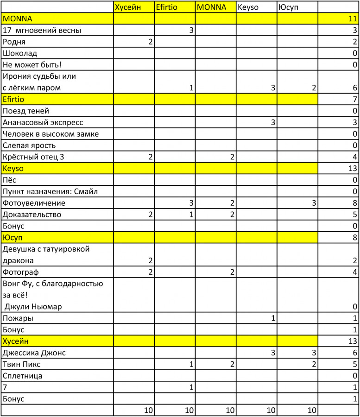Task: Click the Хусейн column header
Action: pyautogui.click(x=128, y=7)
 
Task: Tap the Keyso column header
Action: pyautogui.click(x=249, y=7)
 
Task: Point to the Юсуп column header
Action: pyautogui.click(x=288, y=7)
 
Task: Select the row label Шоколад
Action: pyautogui.click(x=20, y=53)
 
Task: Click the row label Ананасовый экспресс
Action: pyautogui.click(x=43, y=122)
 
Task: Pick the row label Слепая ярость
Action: pyautogui.click(x=29, y=145)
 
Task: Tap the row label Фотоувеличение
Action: pyautogui.click(x=34, y=203)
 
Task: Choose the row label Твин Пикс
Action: pyautogui.click(x=22, y=364)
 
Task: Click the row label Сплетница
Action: pyautogui.click(x=22, y=376)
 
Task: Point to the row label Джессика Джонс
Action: pyautogui.click(x=34, y=353)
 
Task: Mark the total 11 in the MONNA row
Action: pyautogui.click(x=353, y=19)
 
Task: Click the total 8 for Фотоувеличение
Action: pyautogui.click(x=354, y=203)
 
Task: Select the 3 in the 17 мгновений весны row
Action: pyautogui.click(x=191, y=31)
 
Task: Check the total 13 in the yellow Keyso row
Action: pyautogui.click(x=353, y=168)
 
